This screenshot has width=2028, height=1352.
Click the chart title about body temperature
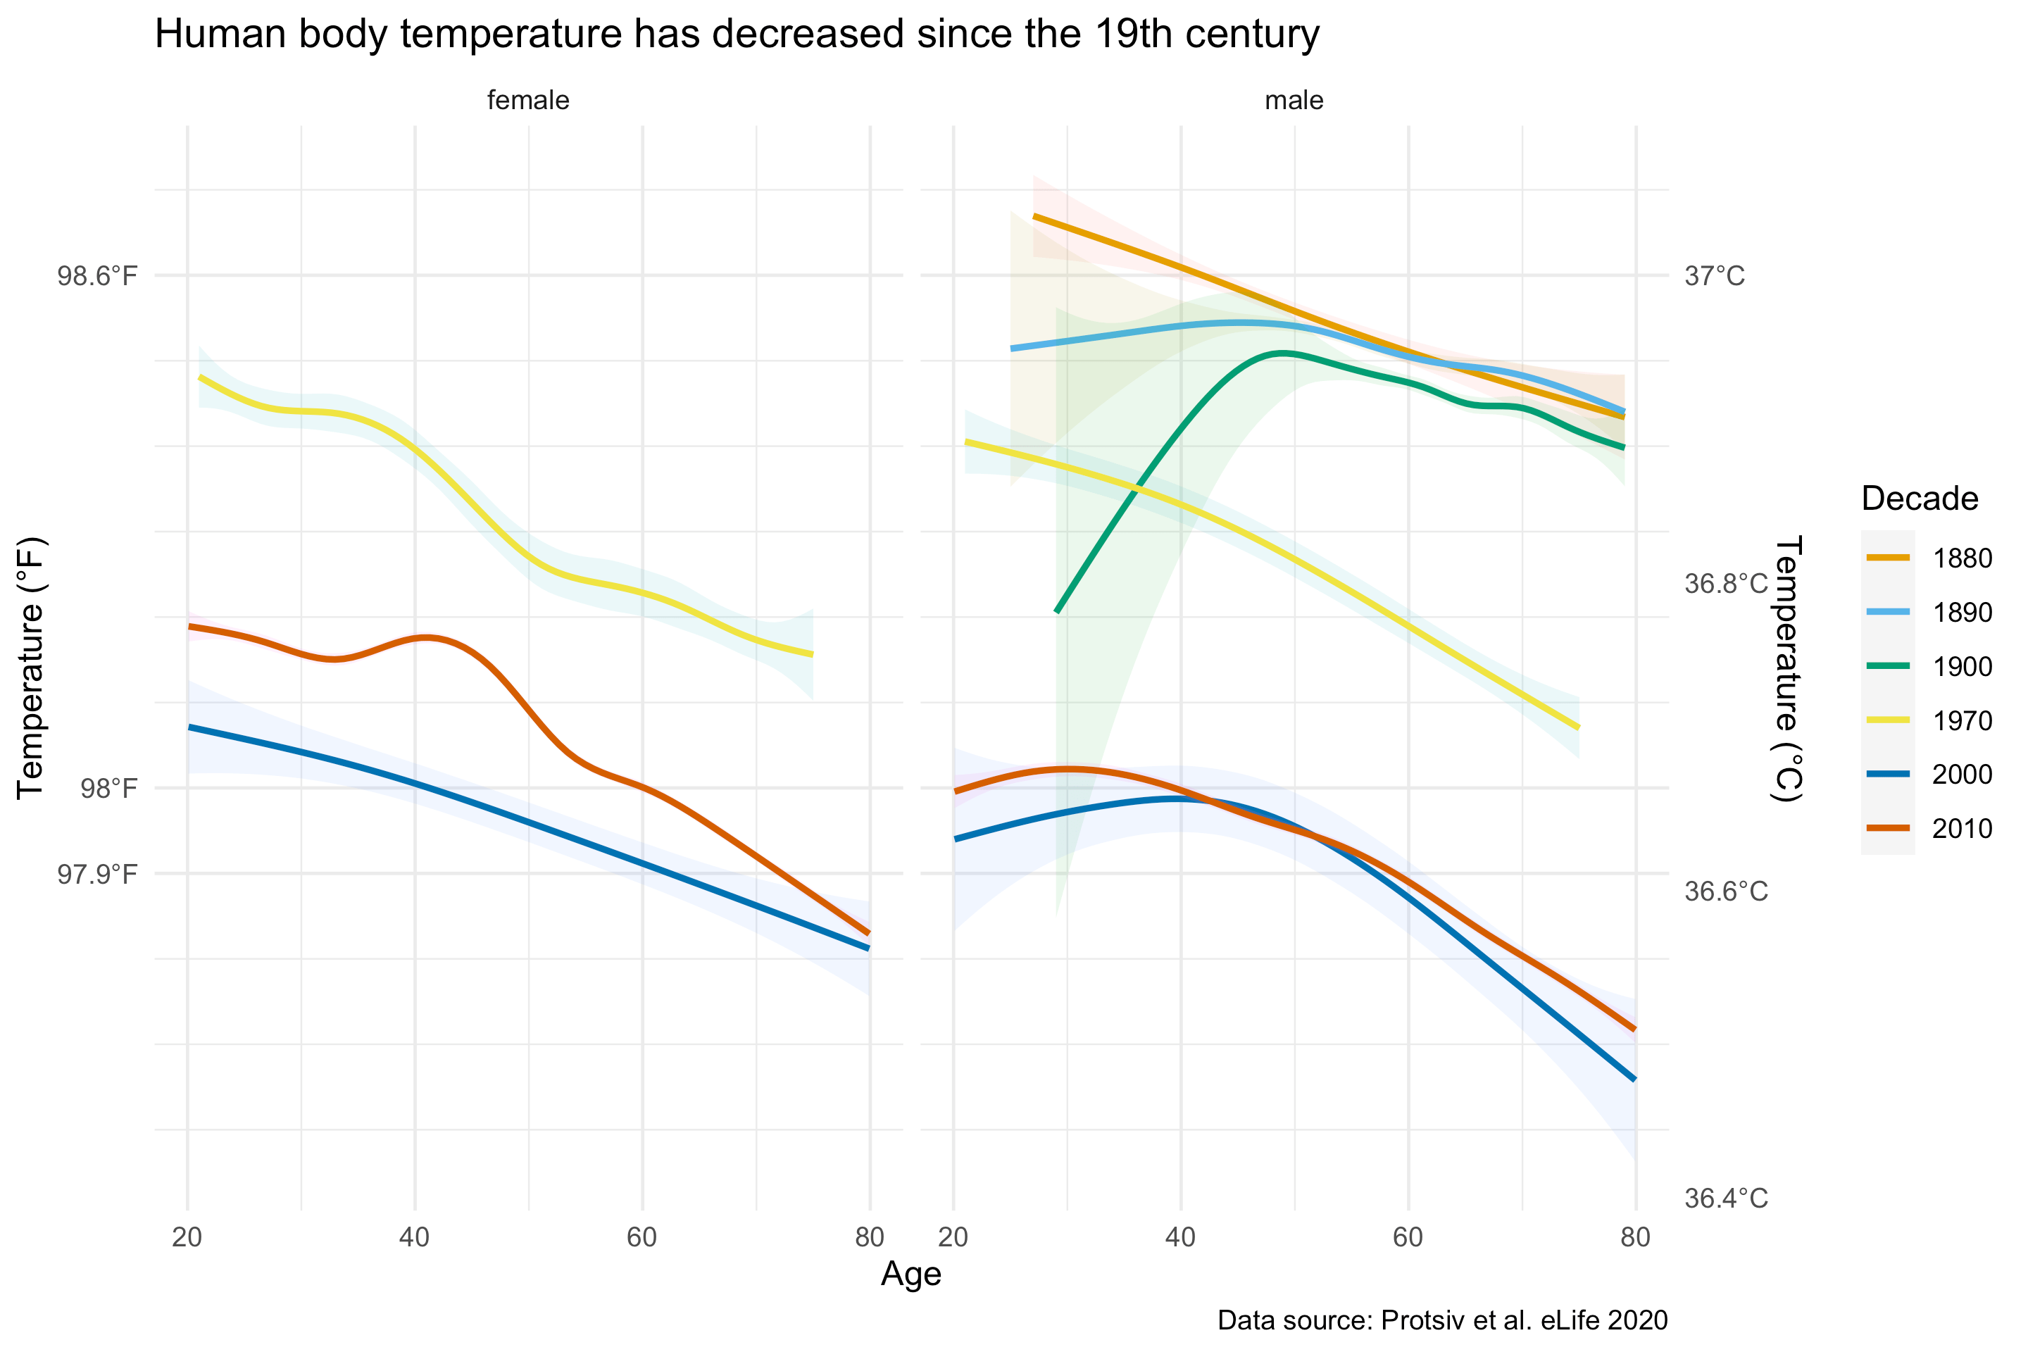click(737, 35)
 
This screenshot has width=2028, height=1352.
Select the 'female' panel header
click(527, 100)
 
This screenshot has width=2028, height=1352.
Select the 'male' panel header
click(1294, 100)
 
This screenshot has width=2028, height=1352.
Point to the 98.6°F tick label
click(97, 276)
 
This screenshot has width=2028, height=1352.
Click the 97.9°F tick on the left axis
click(97, 875)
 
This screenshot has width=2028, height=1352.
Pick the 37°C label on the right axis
click(1714, 277)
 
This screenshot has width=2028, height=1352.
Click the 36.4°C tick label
click(1725, 1198)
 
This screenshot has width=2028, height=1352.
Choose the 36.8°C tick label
click(1725, 584)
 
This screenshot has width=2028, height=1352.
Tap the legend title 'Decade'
click(1920, 499)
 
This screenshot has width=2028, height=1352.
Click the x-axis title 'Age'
click(910, 1274)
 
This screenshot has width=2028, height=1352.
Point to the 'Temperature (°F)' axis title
click(30, 668)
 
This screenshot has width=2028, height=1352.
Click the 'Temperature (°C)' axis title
click(1786, 668)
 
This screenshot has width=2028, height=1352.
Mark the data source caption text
click(1441, 1320)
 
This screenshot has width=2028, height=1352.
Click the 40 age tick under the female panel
click(415, 1237)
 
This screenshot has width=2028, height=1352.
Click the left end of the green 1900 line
click(1057, 611)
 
